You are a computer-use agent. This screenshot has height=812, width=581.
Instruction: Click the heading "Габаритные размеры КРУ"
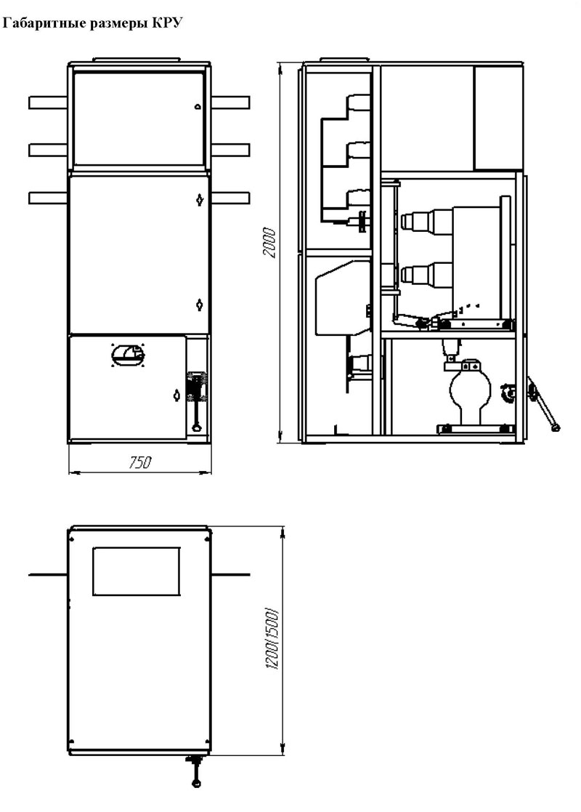pyautogui.click(x=93, y=24)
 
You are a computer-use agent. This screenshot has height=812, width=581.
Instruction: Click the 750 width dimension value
pyautogui.click(x=139, y=462)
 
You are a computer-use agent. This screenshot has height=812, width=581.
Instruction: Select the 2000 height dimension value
pyautogui.click(x=269, y=242)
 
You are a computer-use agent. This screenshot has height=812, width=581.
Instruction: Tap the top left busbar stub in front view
pyautogui.click(x=48, y=102)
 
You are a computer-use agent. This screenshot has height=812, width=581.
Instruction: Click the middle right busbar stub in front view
pyautogui.click(x=230, y=150)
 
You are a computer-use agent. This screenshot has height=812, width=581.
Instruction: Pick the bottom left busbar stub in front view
pyautogui.click(x=48, y=198)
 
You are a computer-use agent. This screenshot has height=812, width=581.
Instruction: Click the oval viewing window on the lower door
pyautogui.click(x=129, y=355)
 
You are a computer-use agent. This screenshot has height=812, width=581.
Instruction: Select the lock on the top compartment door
pyautogui.click(x=197, y=107)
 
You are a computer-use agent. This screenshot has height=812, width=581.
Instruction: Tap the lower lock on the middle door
pyautogui.click(x=200, y=305)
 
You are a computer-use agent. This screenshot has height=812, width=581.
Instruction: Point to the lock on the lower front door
pyautogui.click(x=176, y=395)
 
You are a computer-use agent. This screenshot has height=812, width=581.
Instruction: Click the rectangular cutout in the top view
pyautogui.click(x=137, y=571)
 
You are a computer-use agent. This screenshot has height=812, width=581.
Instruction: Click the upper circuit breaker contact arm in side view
pyautogui.click(x=427, y=220)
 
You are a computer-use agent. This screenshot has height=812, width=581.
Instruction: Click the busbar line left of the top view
pyautogui.click(x=48, y=574)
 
